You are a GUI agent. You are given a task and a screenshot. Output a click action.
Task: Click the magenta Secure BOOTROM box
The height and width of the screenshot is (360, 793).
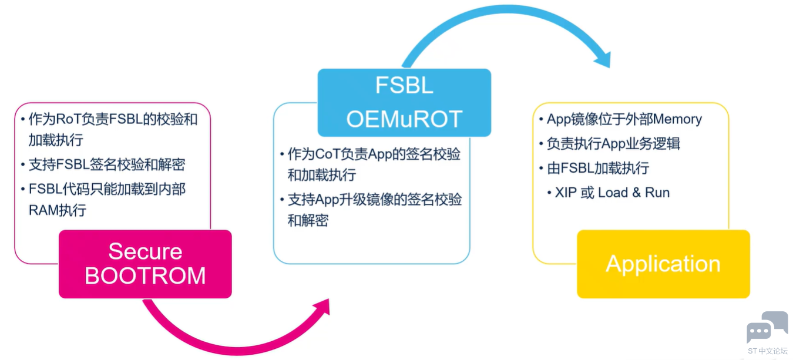pyautogui.click(x=145, y=264)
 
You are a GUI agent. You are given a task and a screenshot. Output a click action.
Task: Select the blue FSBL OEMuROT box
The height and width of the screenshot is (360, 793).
pyautogui.click(x=404, y=103)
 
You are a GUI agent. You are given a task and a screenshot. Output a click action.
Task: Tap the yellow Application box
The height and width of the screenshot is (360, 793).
pyautogui.click(x=663, y=264)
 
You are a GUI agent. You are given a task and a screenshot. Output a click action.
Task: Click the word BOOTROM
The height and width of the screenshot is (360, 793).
pyautogui.click(x=145, y=276)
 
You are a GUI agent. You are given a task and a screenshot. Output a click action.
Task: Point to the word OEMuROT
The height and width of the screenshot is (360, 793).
pyautogui.click(x=404, y=119)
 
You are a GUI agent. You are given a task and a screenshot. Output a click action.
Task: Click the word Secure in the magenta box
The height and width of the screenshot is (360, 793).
pyautogui.click(x=145, y=251)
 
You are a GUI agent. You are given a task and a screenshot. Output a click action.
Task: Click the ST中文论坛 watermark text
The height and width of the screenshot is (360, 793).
pyautogui.click(x=768, y=351)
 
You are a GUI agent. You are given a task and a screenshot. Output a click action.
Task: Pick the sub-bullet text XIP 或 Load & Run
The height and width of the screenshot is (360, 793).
pyautogui.click(x=612, y=193)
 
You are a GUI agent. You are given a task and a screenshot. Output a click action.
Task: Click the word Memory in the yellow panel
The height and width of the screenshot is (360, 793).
pyautogui.click(x=677, y=119)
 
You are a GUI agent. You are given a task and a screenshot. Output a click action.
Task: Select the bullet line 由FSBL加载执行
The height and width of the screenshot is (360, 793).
pyautogui.click(x=597, y=168)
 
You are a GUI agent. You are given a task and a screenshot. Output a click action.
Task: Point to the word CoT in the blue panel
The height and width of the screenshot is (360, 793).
pyautogui.click(x=328, y=154)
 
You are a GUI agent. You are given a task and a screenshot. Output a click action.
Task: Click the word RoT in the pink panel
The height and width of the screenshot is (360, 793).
pyautogui.click(x=69, y=119)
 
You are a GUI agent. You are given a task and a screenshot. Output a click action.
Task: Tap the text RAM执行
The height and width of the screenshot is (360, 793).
pyautogui.click(x=58, y=210)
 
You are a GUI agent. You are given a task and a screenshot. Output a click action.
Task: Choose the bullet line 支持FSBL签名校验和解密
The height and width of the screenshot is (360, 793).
pyautogui.click(x=107, y=164)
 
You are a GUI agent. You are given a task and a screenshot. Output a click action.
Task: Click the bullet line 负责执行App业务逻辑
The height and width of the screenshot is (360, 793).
pyautogui.click(x=613, y=144)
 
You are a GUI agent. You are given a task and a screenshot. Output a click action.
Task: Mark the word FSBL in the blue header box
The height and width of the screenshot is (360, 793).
pyautogui.click(x=404, y=85)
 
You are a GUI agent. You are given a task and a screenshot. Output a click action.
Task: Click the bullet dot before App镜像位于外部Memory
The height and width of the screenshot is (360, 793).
pyautogui.click(x=541, y=119)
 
